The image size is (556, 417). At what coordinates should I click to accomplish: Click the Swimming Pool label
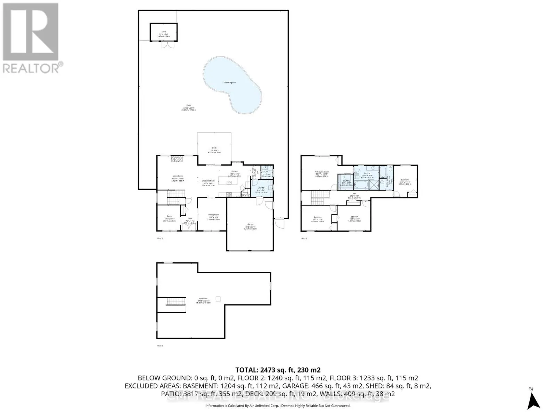(230, 82)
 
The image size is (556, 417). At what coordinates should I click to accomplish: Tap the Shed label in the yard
(164, 32)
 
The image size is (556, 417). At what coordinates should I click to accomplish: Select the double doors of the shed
(164, 45)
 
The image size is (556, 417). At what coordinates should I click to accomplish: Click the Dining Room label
(213, 215)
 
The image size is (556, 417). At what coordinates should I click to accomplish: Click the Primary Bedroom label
(322, 172)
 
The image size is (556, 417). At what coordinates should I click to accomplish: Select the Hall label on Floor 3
(354, 194)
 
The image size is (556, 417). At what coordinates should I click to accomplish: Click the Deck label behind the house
(214, 148)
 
